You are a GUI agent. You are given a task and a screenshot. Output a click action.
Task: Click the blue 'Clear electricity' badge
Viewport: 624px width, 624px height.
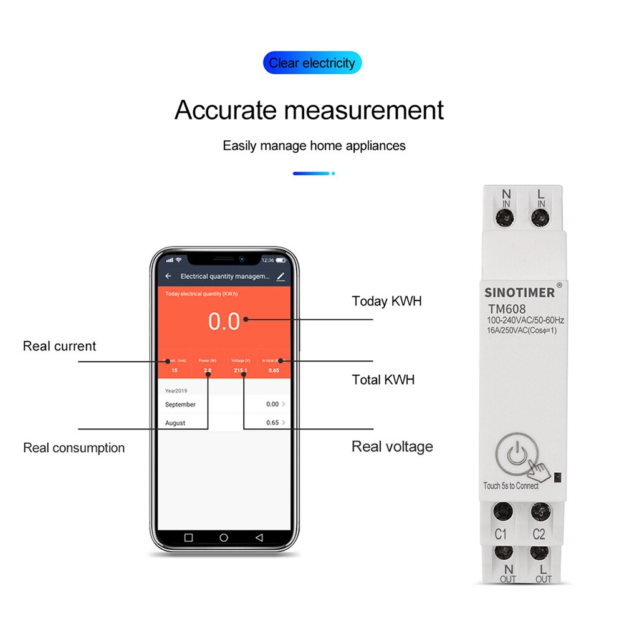tap(312, 63)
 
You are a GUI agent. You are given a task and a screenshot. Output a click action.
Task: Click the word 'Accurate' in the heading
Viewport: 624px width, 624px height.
tap(225, 110)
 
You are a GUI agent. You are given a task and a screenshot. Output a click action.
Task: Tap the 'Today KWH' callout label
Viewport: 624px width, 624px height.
tap(386, 301)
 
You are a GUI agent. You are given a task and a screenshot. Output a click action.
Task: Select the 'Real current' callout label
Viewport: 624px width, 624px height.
tap(59, 346)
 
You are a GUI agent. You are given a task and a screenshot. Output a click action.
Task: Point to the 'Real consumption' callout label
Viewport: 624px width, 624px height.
tap(74, 448)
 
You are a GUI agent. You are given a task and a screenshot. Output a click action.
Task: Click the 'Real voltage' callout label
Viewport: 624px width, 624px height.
tap(392, 446)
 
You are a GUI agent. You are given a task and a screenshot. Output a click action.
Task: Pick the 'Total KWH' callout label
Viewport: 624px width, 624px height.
tap(383, 380)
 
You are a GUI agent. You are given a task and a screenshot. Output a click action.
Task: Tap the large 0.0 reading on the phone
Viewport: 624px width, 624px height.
tap(224, 322)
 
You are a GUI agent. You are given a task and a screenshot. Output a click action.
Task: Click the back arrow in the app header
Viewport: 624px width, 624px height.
tap(168, 276)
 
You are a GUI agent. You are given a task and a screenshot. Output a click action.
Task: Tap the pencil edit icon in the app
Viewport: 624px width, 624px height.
tap(281, 276)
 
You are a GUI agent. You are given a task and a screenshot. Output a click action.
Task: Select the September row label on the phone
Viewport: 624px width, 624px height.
tap(180, 405)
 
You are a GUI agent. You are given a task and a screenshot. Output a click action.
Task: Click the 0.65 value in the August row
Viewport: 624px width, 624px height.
tap(272, 423)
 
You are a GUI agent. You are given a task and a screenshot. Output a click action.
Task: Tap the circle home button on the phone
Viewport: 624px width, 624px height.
tap(224, 537)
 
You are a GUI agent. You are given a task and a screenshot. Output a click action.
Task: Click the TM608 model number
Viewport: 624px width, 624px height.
tap(506, 309)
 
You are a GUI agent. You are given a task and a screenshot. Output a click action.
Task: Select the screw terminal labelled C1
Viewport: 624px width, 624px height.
tap(503, 512)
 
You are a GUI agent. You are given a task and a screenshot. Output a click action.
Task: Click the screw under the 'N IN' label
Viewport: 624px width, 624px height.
tap(505, 218)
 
